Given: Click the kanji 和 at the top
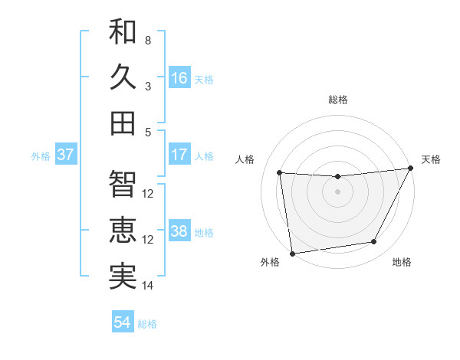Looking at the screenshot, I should click(123, 32).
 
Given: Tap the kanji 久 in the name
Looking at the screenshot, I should click(123, 77).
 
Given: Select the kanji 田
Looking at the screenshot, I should click(123, 123).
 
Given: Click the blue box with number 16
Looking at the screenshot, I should click(179, 77).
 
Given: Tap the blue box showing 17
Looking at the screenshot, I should click(179, 155).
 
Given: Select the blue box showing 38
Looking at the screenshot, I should click(179, 231).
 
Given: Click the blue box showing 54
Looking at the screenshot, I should click(123, 322).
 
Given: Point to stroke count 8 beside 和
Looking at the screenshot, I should click(148, 39).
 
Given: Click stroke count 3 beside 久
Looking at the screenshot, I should click(148, 86).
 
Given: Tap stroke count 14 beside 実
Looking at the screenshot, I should click(148, 286).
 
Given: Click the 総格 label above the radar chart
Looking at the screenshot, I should click(338, 100).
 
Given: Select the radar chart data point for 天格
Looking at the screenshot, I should click(410, 169).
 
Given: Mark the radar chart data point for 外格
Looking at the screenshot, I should click(292, 253).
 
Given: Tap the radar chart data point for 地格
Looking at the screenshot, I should click(374, 242).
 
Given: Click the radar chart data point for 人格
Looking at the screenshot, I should click(280, 172).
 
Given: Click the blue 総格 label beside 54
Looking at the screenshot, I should click(147, 324).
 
